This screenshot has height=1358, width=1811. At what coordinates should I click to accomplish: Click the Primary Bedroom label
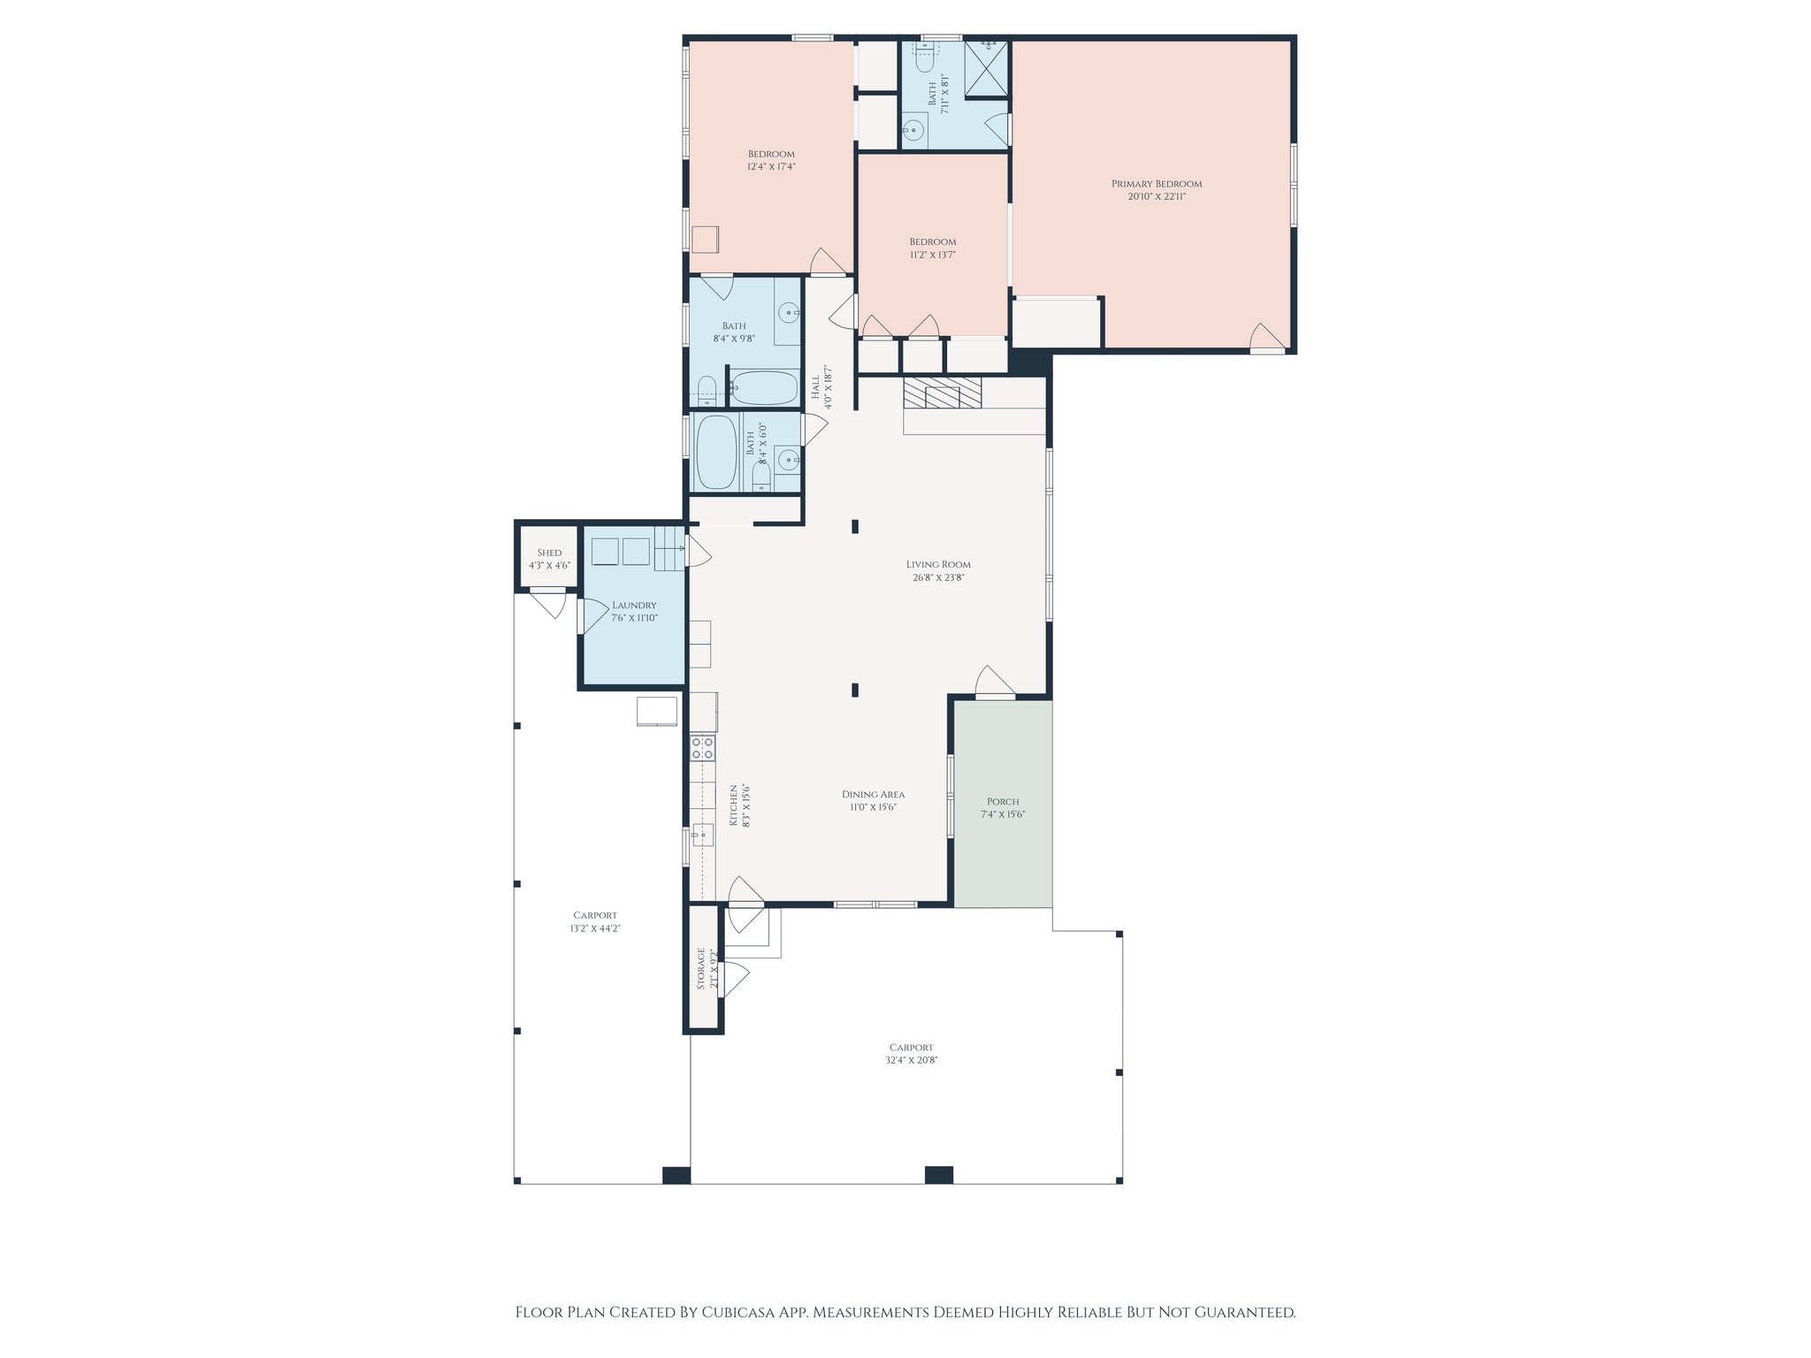[1156, 184]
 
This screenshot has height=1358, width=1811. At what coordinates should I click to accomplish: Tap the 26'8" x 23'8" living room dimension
[938, 577]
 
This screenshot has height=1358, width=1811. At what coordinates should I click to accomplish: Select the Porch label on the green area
[1003, 802]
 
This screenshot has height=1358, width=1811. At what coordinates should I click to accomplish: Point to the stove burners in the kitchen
[702, 748]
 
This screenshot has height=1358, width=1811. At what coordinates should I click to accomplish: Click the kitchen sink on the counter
[703, 834]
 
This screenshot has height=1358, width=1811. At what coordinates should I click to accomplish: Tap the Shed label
[549, 553]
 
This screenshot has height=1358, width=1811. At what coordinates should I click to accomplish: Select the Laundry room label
[634, 606]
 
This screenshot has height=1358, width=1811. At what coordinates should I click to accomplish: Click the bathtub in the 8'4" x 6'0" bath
[716, 453]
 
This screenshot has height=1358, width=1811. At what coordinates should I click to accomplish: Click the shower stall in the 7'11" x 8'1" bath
[985, 69]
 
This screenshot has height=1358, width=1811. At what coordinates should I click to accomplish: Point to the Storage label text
[701, 968]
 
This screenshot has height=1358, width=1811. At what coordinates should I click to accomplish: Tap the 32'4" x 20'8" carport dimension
[911, 1060]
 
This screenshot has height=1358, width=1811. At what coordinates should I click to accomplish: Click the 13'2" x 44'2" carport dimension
[594, 928]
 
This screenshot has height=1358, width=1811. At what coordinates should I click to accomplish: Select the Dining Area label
[873, 794]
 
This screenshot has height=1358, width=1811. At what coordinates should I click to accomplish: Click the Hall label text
[815, 386]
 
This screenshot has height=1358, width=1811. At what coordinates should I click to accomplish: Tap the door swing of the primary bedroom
[1265, 337]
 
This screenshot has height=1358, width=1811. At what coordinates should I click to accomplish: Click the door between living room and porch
[994, 683]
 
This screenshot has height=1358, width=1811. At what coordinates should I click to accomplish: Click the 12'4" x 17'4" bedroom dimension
[771, 166]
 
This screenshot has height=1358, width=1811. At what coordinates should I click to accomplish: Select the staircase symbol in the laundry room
[669, 548]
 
